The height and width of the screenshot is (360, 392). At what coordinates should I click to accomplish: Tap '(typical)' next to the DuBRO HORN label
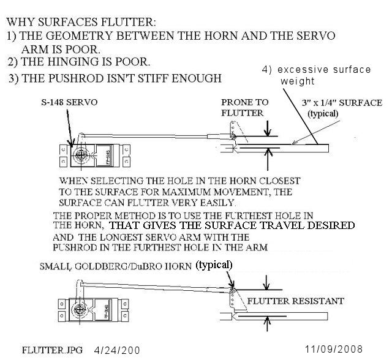214,266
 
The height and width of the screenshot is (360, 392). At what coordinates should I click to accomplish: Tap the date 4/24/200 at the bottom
117,350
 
